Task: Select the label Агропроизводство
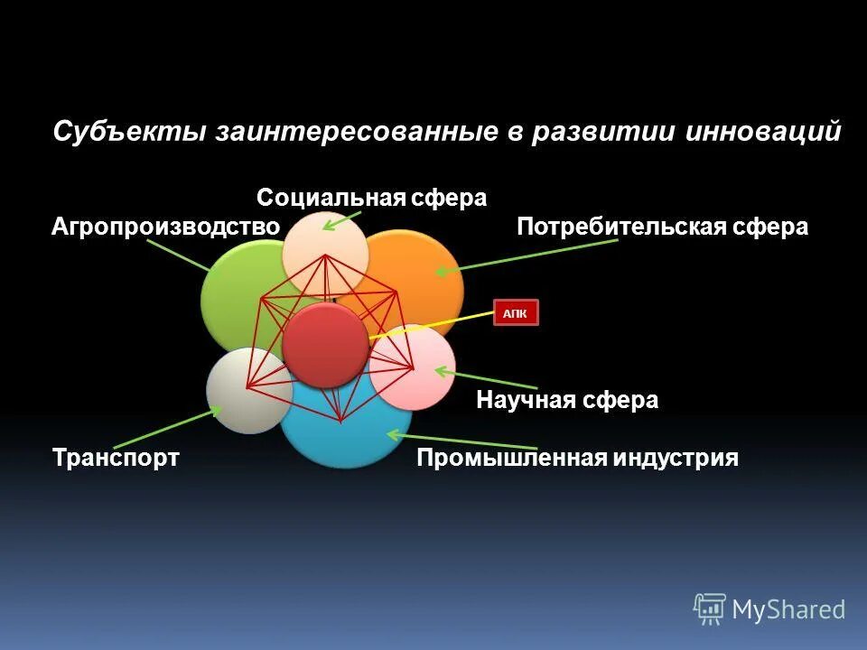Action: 165,227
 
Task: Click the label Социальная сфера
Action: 371,198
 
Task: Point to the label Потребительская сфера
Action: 662,227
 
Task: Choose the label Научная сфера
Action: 567,400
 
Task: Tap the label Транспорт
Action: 116,458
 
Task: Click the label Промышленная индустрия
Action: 577,458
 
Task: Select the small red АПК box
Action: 516,312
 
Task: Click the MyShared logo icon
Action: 710,609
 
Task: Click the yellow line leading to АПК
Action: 433,324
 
